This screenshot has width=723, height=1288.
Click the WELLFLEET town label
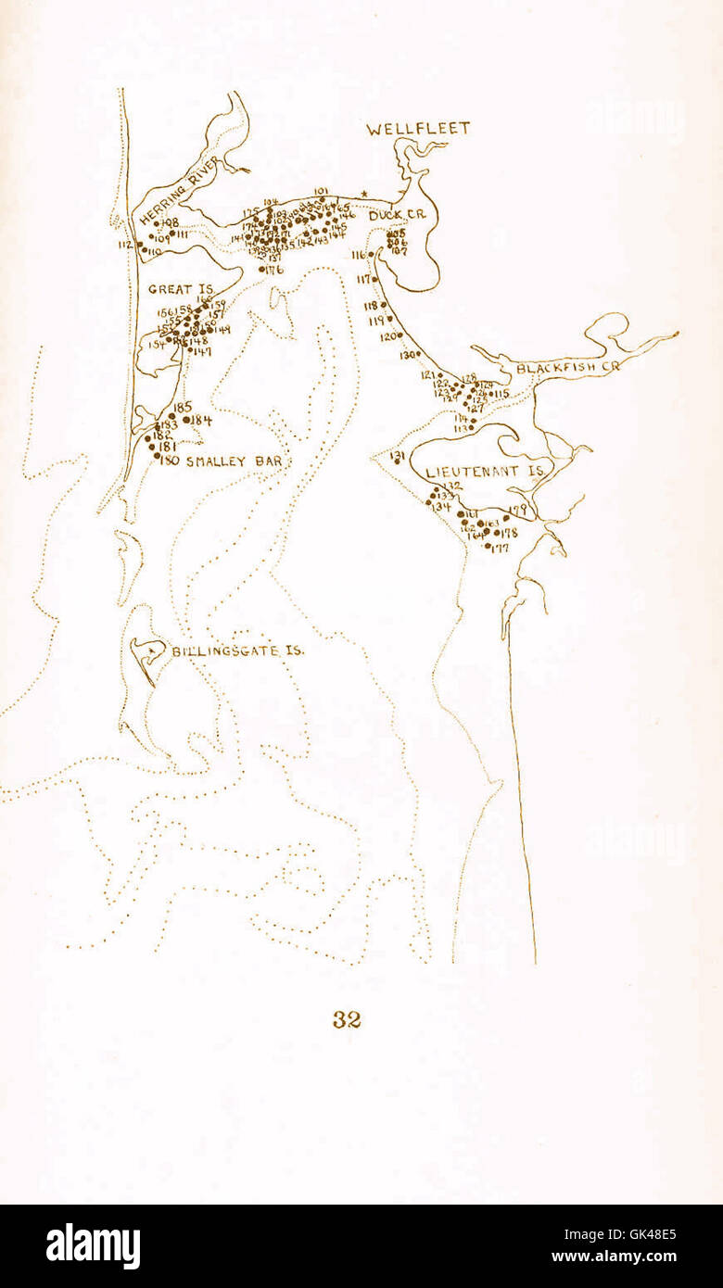[417, 130]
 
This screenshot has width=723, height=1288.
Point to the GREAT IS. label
[181, 290]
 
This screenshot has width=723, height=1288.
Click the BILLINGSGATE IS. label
[238, 651]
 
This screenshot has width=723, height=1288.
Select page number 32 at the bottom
[347, 1019]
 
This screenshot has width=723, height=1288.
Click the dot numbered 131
[397, 461]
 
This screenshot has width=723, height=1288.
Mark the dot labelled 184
[186, 420]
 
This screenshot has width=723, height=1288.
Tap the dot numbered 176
[262, 270]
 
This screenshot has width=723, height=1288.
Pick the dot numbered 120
[400, 335]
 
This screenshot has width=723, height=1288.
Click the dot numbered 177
[488, 546]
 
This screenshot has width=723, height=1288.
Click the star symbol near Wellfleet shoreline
[365, 194]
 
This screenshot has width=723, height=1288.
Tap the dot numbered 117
[374, 278]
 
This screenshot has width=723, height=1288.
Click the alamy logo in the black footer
[93, 1246]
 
